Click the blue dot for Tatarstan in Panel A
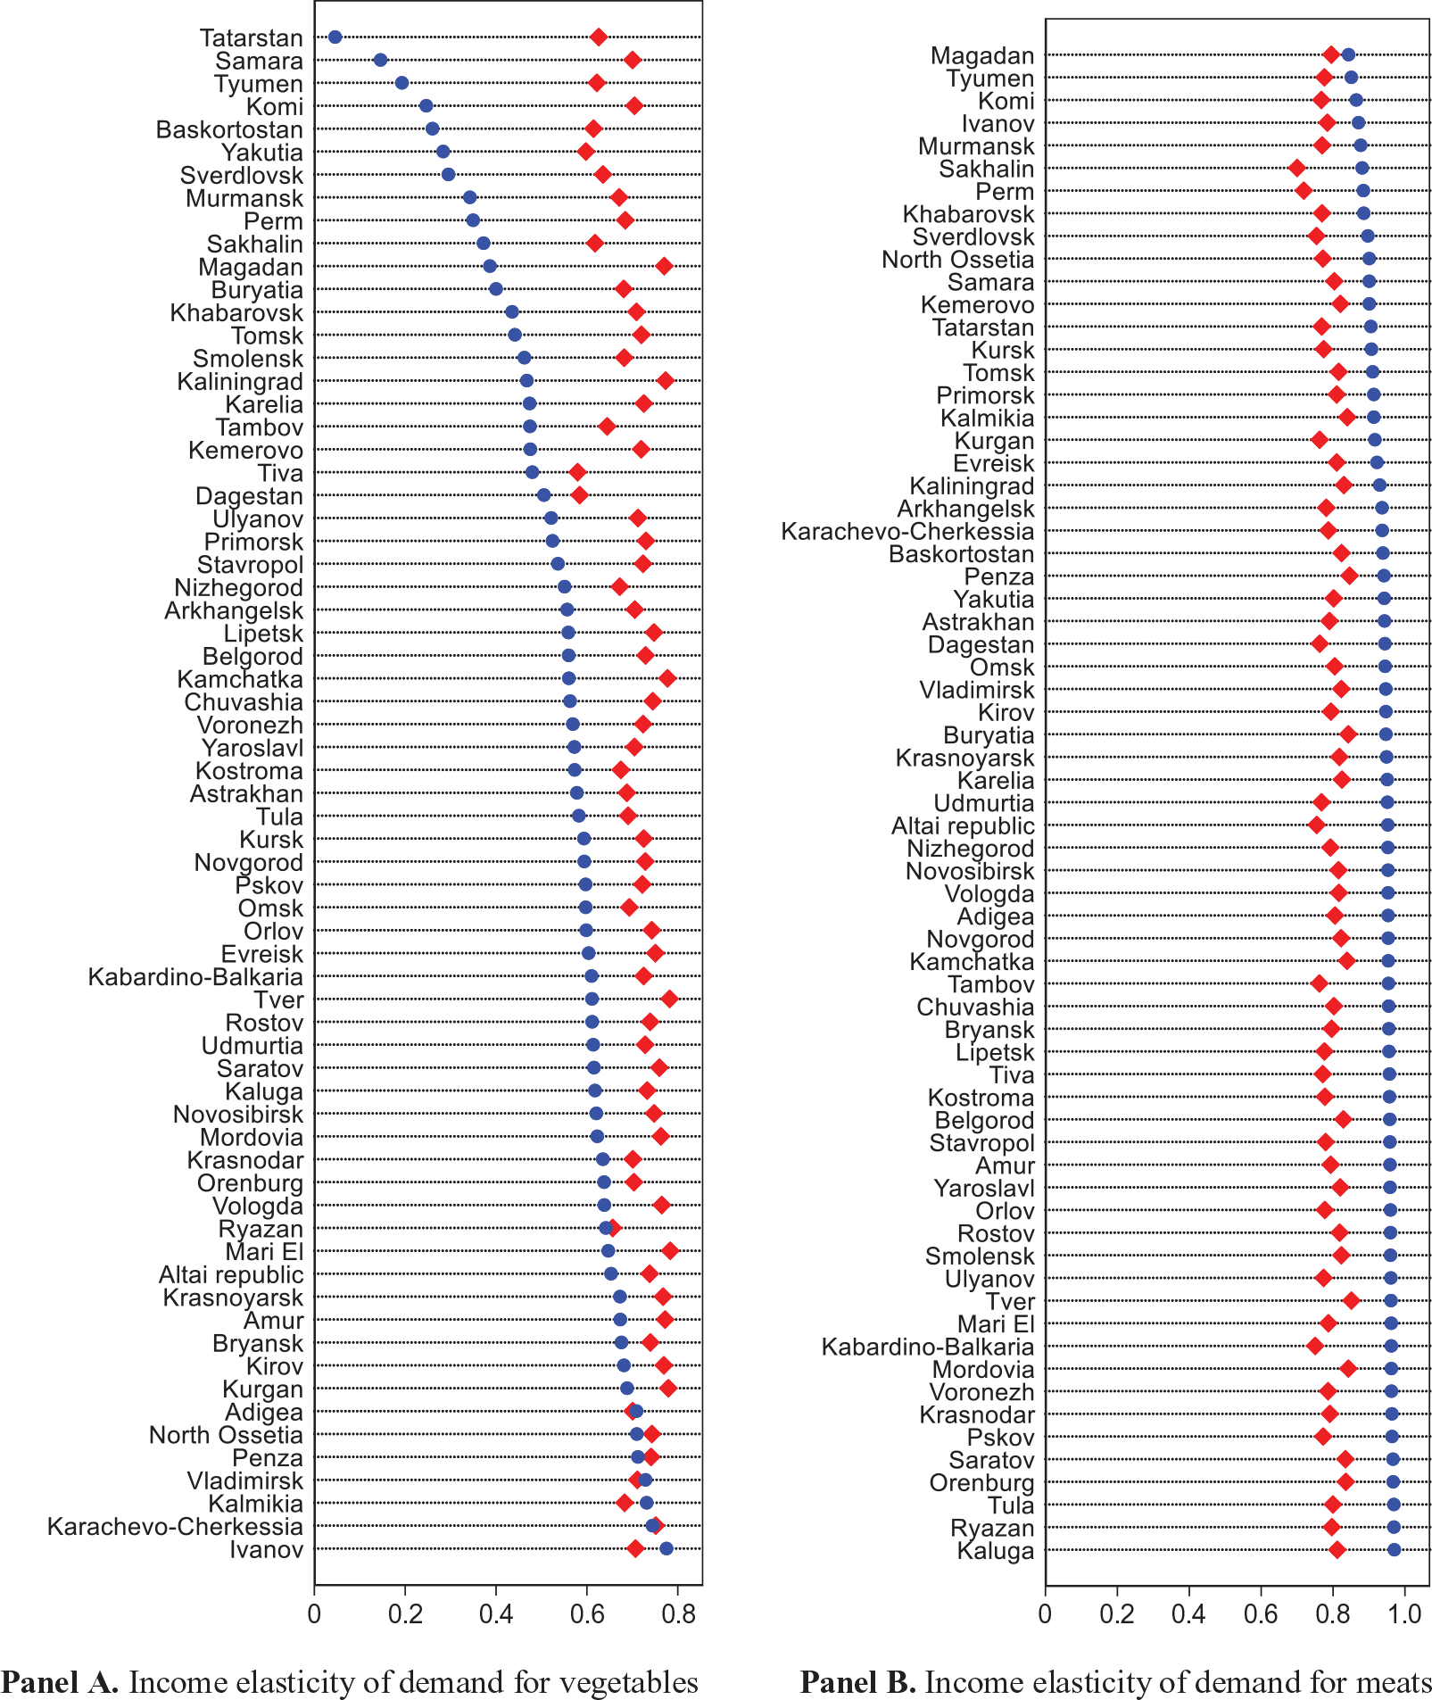(x=335, y=37)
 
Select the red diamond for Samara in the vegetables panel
(x=632, y=60)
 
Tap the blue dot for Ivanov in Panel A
(x=666, y=1548)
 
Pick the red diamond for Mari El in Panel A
(x=669, y=1250)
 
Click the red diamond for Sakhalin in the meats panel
(x=1296, y=168)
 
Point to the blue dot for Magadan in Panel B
(x=1348, y=54)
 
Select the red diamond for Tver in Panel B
(x=1351, y=1300)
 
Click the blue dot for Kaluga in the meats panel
(x=1394, y=1549)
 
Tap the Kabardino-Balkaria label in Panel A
(x=195, y=977)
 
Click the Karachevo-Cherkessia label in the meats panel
(x=907, y=532)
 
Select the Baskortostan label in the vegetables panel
(x=229, y=130)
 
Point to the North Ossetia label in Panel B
(x=957, y=260)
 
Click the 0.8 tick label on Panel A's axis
(x=679, y=1613)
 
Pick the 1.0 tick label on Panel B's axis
(x=1404, y=1613)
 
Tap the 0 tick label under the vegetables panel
(x=314, y=1613)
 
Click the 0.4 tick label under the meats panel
(x=1189, y=1613)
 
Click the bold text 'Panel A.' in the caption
(x=60, y=1681)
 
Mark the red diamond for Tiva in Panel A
(x=577, y=472)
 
